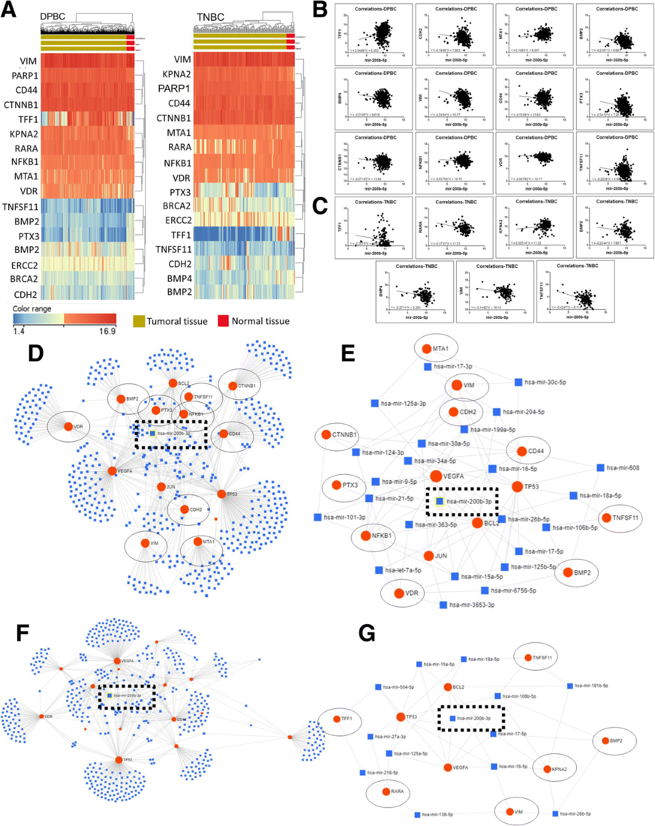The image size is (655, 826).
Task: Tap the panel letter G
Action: tap(367, 633)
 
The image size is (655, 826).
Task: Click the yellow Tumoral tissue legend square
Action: tap(139, 321)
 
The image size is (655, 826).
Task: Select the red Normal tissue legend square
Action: tap(223, 321)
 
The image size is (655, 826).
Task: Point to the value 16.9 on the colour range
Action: tap(107, 331)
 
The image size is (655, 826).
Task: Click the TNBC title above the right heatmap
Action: tap(210, 17)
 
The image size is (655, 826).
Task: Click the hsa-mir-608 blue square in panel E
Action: tap(600, 468)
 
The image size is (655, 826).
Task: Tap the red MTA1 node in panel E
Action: tap(426, 348)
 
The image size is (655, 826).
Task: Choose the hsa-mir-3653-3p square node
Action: tap(443, 605)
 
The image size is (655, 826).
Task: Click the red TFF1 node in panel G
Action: tap(337, 718)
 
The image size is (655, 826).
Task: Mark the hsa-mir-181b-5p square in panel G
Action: tap(570, 686)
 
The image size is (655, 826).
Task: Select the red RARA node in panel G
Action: tap(386, 791)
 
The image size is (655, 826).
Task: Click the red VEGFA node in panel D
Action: tap(112, 471)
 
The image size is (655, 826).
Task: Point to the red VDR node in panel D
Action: tap(68, 426)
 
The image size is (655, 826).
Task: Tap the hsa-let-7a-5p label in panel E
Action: tap(403, 570)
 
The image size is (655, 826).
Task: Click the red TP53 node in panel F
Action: tap(118, 759)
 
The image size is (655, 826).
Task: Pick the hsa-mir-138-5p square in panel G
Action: tap(417, 815)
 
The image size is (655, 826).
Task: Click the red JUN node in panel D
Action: tap(161, 486)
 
